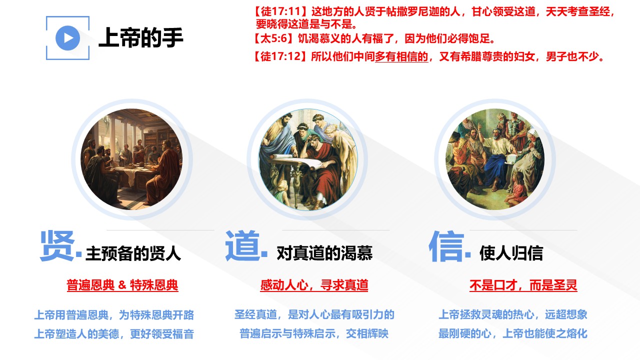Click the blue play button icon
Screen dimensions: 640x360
coord(67,38)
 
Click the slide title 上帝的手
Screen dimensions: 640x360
coord(141,37)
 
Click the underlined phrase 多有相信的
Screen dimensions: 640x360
coord(401,56)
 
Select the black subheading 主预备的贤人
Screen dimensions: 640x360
coord(133,253)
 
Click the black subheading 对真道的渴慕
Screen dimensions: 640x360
coord(324,253)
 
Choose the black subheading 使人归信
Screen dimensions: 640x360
coord(511,253)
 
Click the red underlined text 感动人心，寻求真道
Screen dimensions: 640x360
coord(314,285)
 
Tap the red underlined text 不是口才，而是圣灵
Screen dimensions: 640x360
coord(523,285)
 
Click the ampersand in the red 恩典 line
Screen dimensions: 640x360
coord(122,285)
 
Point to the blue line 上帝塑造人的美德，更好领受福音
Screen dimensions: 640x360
coord(114,333)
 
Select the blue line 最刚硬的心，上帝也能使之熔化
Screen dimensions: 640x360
coord(513,333)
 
